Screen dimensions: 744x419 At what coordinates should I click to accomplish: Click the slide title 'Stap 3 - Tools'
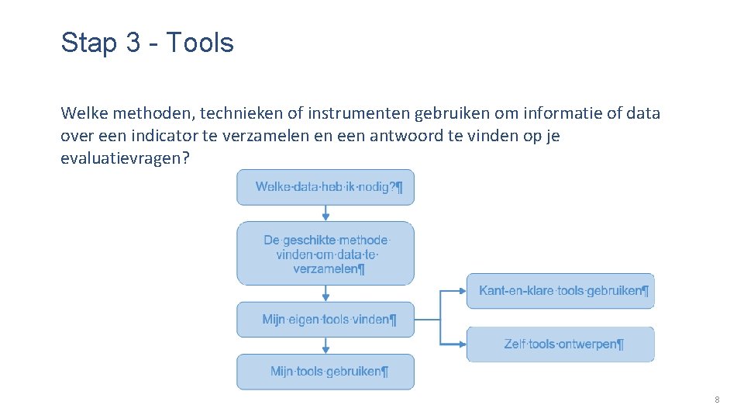147,43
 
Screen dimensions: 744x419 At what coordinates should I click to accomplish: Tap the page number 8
717,400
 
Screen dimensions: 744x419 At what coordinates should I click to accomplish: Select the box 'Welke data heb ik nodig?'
325,187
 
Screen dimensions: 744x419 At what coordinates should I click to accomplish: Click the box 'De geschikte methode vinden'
325,254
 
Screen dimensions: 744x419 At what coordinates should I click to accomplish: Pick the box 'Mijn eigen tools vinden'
325,320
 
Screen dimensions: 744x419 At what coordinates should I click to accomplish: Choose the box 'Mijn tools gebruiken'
325,372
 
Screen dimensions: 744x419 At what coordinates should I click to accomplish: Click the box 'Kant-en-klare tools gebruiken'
560,291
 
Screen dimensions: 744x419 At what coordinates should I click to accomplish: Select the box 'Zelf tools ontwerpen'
560,344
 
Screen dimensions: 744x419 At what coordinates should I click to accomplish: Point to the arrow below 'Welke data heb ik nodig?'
325,213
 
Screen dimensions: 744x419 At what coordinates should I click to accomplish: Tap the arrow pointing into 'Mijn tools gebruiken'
325,345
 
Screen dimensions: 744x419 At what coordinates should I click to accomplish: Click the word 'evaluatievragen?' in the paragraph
124,159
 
